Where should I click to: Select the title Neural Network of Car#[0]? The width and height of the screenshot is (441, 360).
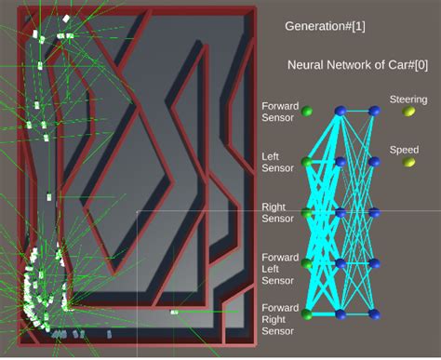(x=346, y=65)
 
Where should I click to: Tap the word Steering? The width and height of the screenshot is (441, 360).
(x=408, y=99)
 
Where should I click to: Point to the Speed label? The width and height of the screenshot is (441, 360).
(x=404, y=150)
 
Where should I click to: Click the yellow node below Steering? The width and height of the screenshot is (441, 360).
(x=408, y=112)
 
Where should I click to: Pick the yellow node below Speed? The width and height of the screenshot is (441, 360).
(x=408, y=162)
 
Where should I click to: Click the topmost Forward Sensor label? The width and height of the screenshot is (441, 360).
(x=278, y=111)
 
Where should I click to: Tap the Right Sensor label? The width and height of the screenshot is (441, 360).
(x=278, y=212)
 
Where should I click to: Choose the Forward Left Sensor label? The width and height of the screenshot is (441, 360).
(x=278, y=268)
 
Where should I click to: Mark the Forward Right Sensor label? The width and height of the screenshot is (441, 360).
(x=278, y=318)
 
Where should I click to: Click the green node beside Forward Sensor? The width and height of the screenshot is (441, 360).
(x=308, y=113)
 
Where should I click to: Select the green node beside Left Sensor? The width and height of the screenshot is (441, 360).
(x=308, y=163)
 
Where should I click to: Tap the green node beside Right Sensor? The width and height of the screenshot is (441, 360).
(x=308, y=214)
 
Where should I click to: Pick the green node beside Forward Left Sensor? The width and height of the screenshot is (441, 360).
(x=308, y=265)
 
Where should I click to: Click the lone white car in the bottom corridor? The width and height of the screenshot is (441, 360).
(x=174, y=313)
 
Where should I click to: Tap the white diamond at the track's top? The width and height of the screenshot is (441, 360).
(x=66, y=18)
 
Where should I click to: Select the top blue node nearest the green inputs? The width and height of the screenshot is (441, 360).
(x=341, y=112)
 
